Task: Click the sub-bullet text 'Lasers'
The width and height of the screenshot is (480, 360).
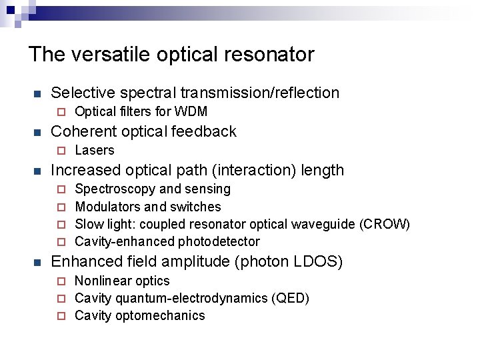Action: pyautogui.click(x=95, y=150)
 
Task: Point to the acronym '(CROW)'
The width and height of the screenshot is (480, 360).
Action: pyautogui.click(x=385, y=224)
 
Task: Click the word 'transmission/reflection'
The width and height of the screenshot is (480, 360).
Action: pyautogui.click(x=259, y=93)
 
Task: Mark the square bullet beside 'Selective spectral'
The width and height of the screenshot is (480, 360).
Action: pyautogui.click(x=37, y=93)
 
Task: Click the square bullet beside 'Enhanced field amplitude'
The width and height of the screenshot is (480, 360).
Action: pyautogui.click(x=37, y=262)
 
